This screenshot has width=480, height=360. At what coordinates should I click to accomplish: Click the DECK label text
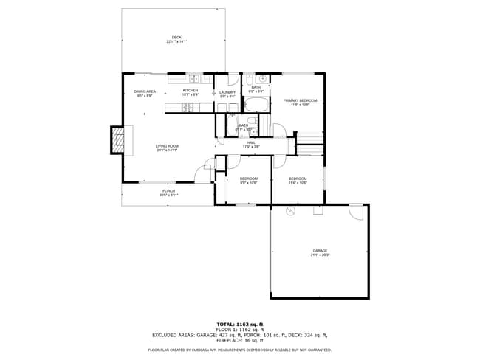[176, 37]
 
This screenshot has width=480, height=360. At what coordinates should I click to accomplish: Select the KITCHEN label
[191, 91]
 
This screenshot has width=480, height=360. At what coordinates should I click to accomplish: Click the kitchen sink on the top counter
[193, 78]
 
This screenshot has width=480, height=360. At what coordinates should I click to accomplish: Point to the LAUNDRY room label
[227, 92]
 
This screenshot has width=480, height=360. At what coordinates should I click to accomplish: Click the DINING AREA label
[145, 91]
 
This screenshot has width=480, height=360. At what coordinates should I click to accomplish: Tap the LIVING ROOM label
[167, 146]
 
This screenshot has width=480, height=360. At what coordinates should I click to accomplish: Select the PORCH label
[169, 191]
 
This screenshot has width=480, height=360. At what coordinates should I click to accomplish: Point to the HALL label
[251, 142]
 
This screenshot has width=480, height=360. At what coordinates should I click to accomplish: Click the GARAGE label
[320, 252]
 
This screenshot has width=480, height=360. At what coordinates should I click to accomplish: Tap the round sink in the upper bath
[261, 78]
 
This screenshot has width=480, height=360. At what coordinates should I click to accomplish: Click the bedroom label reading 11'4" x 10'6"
[298, 179]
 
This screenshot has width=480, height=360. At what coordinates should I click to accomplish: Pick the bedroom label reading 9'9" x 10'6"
[249, 179]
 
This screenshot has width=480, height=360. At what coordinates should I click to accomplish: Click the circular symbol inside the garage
[290, 211]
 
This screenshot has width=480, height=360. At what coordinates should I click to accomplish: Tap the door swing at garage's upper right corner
[356, 212]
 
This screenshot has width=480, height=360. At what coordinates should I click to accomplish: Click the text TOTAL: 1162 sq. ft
[239, 324]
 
